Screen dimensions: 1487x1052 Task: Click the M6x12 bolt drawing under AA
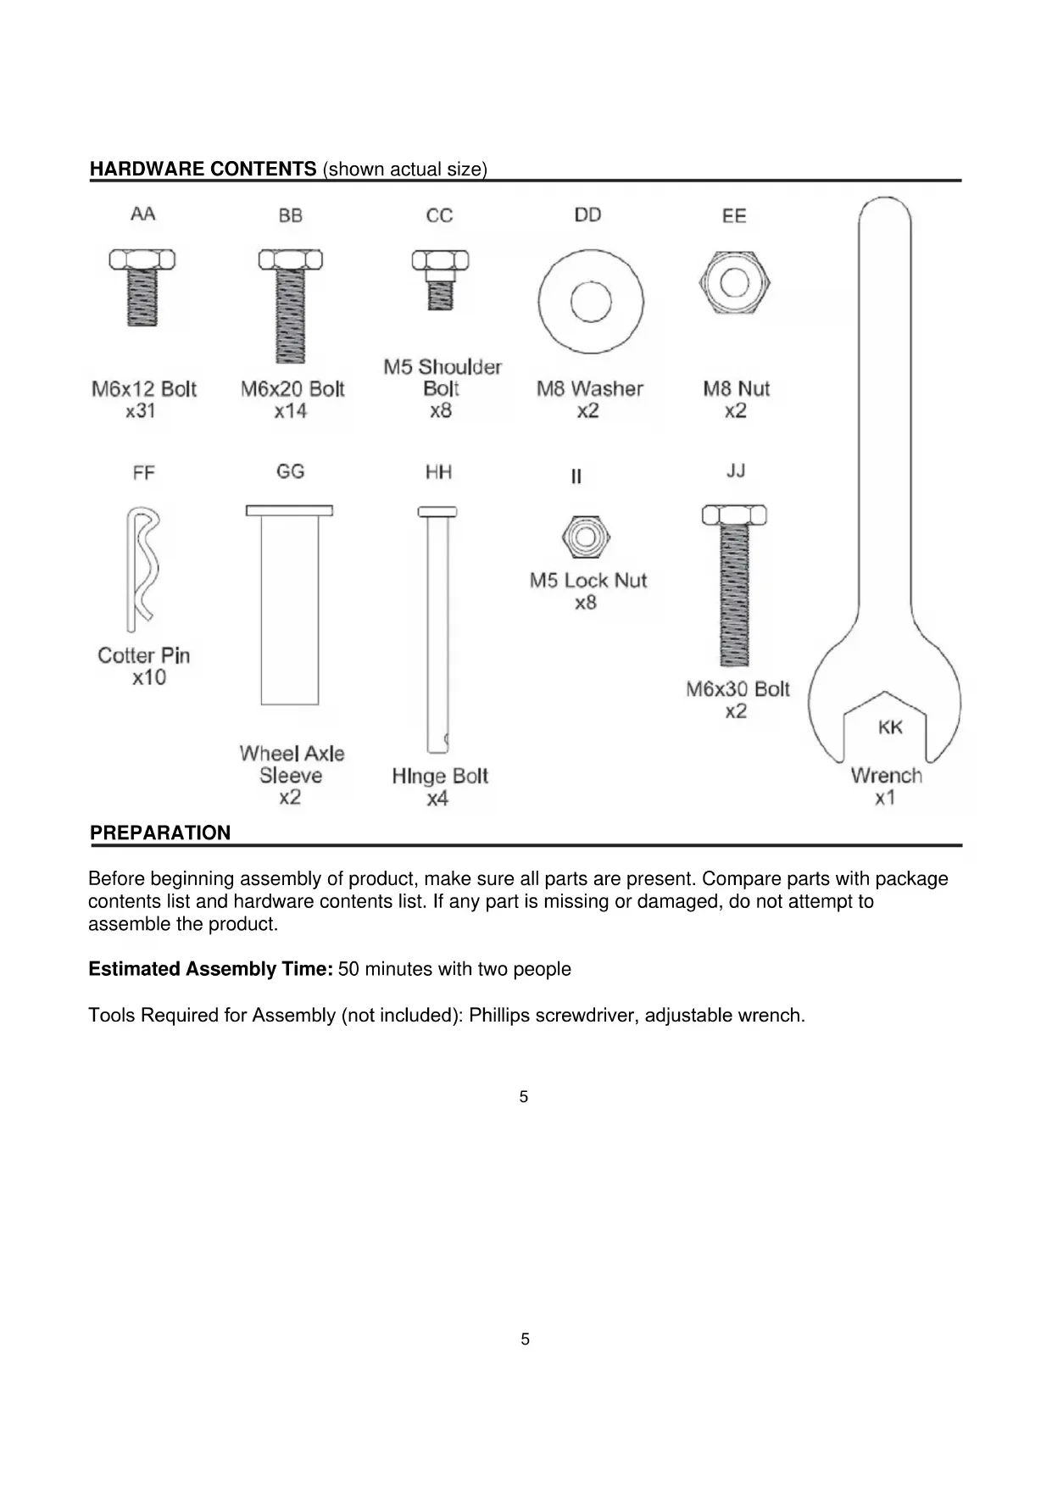click(142, 288)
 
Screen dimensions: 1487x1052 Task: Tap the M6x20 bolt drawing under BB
click(291, 305)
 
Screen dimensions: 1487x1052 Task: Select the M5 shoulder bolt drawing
click(440, 280)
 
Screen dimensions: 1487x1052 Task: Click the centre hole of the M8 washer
click(590, 303)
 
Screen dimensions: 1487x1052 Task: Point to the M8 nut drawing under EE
click(735, 282)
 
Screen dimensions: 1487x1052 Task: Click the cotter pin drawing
click(142, 568)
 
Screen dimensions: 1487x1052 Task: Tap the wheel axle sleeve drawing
click(290, 606)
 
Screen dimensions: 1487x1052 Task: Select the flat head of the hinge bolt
click(437, 512)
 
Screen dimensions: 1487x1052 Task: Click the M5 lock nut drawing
click(586, 537)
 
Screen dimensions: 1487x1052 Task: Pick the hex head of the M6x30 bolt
click(734, 515)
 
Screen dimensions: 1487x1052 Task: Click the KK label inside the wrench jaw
click(890, 727)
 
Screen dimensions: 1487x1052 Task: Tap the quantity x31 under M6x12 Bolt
click(141, 411)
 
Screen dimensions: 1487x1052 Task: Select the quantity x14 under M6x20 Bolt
click(291, 411)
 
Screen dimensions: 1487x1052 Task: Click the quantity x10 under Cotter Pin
click(149, 677)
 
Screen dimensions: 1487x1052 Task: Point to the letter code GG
click(290, 471)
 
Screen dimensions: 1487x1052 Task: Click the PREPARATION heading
click(160, 833)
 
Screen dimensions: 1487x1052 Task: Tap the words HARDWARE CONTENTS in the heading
click(203, 169)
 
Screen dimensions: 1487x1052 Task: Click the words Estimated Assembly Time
click(210, 969)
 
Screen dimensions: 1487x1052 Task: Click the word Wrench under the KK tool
click(886, 776)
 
